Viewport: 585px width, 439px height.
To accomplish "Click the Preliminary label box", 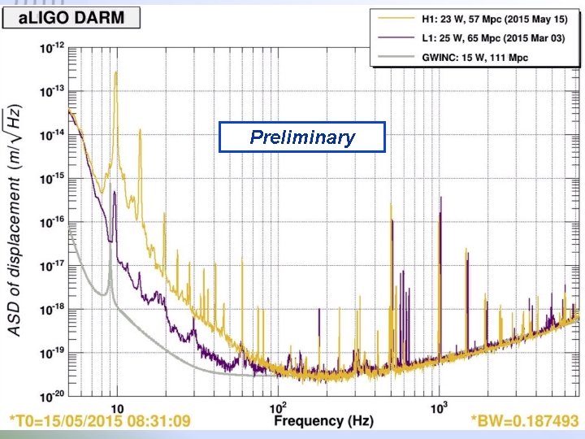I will point(302,137).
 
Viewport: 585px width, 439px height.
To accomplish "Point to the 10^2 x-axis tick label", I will point(278,407).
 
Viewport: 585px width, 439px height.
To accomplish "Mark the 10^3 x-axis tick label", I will point(440,407).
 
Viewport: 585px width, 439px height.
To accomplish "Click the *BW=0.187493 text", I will point(523,422).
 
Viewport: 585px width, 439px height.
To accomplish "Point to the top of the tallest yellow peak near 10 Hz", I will point(116,72).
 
